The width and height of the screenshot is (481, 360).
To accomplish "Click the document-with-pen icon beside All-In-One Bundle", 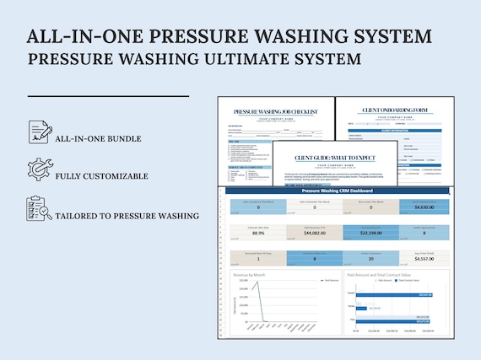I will click(x=39, y=132).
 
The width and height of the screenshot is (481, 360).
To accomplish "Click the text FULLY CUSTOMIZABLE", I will click(x=102, y=176).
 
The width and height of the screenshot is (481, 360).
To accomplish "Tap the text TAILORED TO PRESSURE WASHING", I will click(x=127, y=216).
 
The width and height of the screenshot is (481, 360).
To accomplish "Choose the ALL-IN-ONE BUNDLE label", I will click(x=98, y=138).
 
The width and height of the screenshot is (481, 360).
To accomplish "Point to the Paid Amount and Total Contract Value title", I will click(x=377, y=273).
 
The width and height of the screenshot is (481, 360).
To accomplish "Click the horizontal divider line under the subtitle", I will click(x=108, y=96).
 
